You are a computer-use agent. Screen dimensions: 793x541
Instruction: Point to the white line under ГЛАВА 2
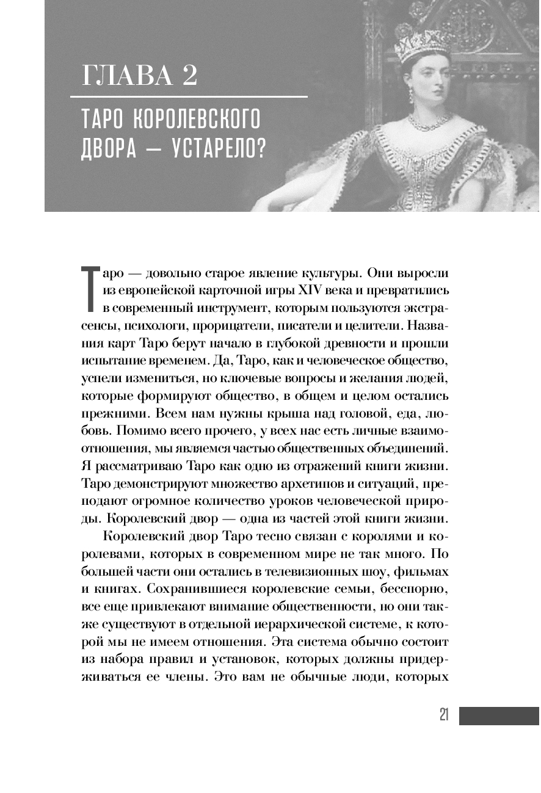(189, 96)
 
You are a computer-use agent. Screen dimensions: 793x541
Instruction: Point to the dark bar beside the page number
(499, 716)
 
